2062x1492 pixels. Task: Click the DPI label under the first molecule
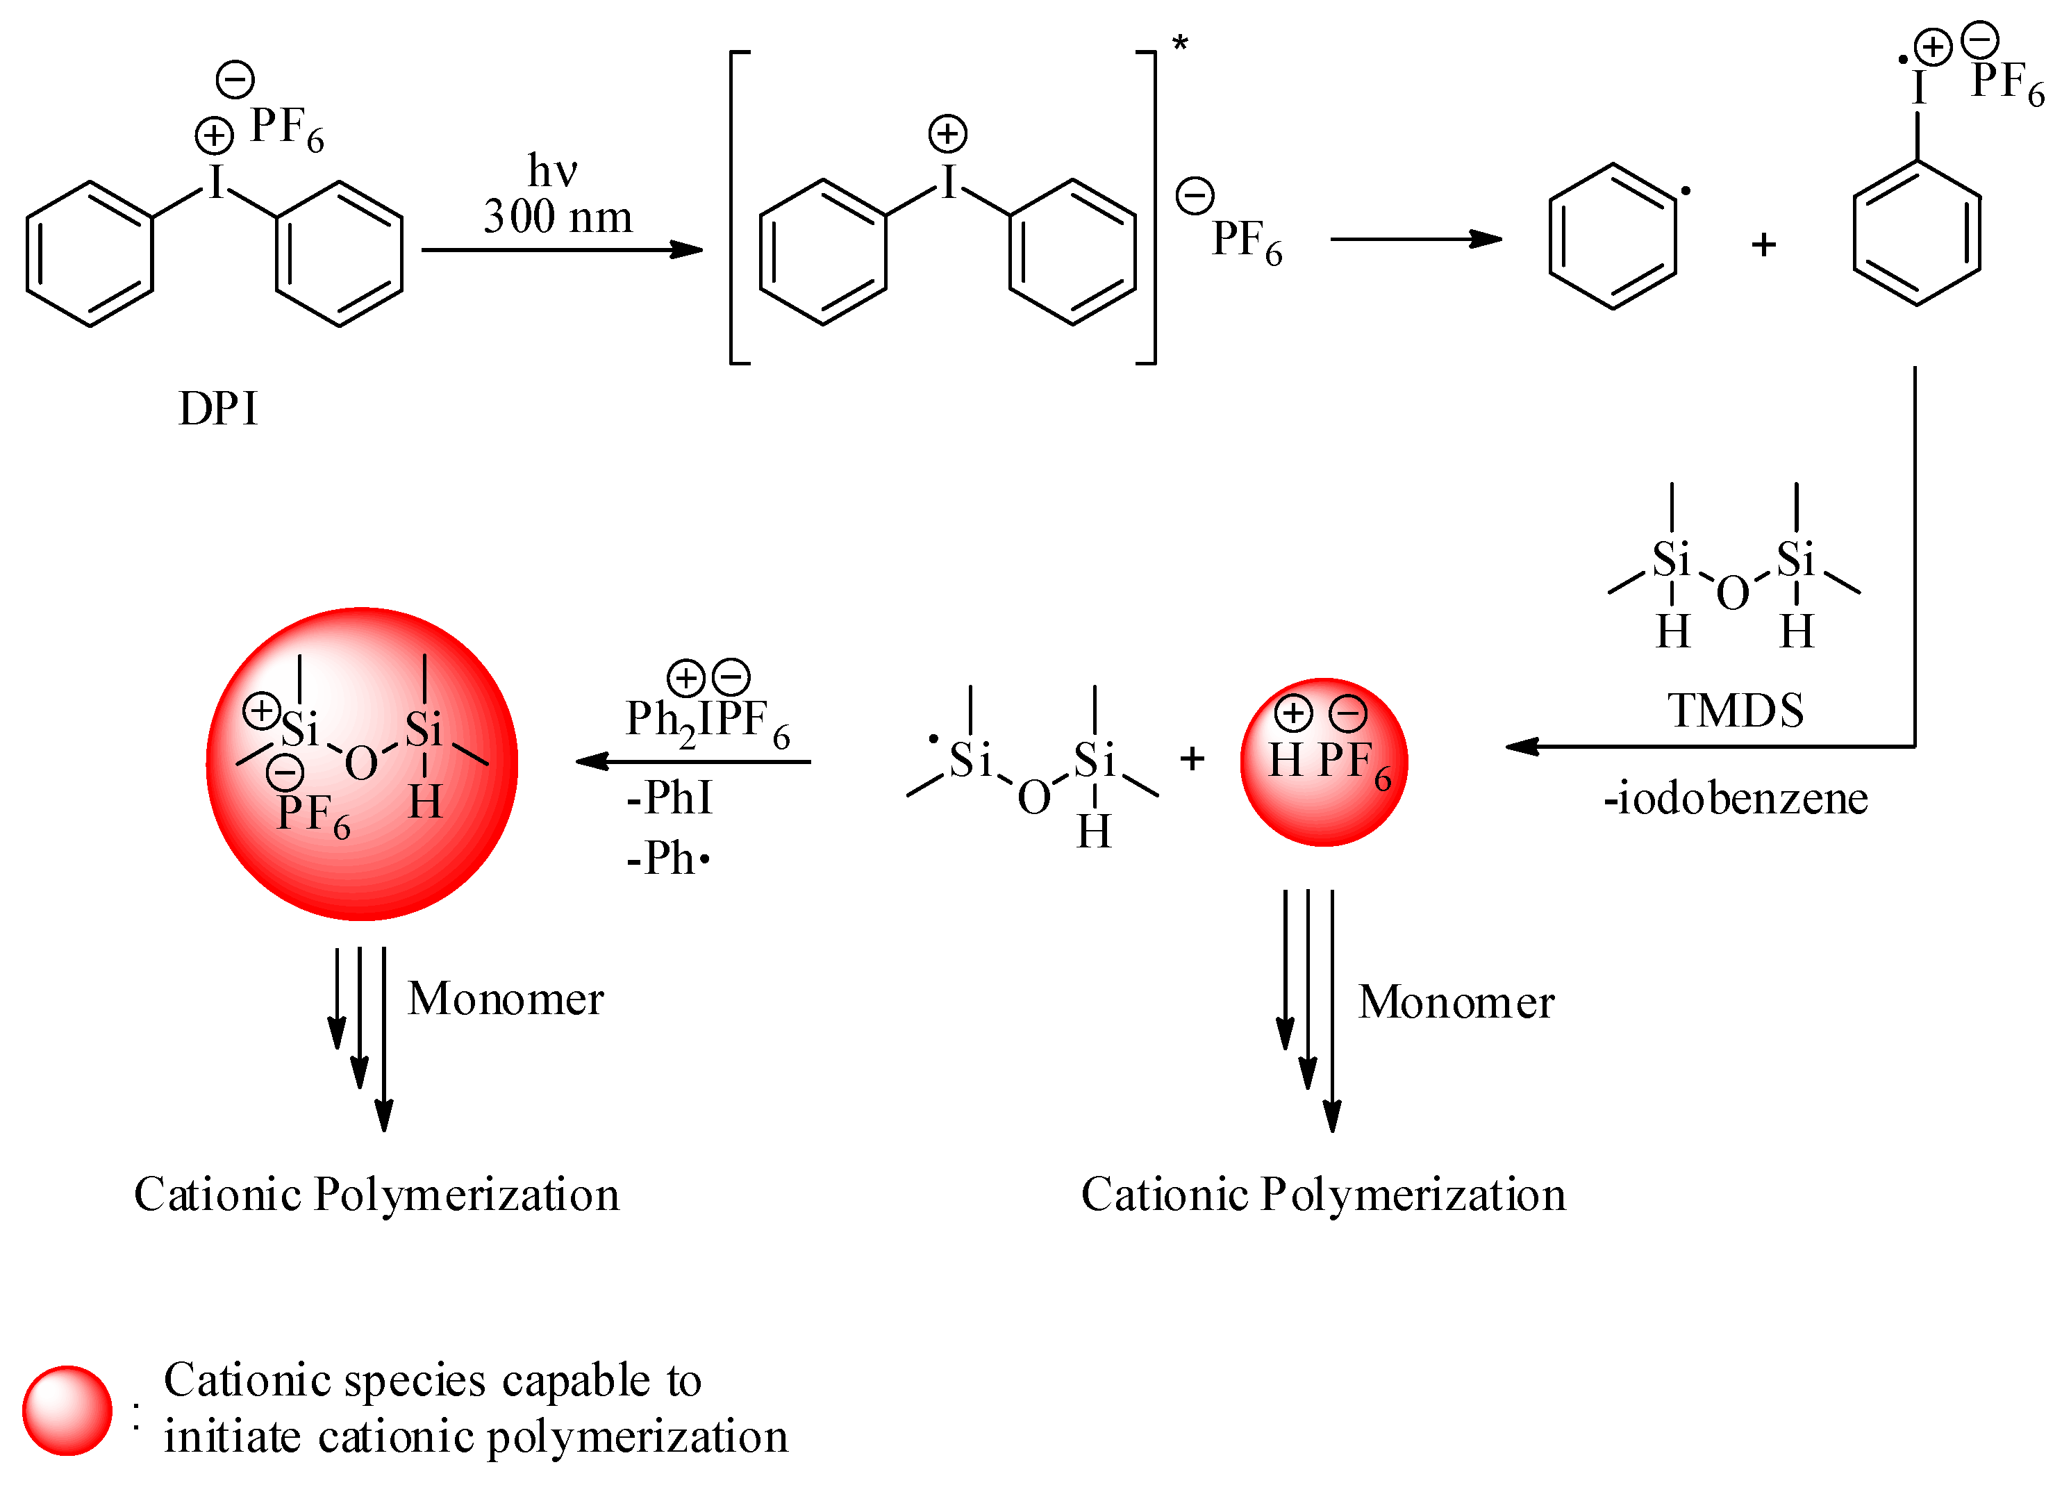point(218,409)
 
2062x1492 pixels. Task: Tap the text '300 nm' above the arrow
point(557,217)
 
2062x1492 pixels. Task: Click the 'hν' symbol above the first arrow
point(552,170)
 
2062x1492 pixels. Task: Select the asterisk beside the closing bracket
point(1180,44)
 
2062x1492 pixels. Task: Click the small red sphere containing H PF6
point(1324,762)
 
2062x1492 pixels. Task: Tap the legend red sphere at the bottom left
point(67,1410)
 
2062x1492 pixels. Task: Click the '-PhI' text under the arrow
point(669,798)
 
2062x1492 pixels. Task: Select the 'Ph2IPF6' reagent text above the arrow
point(707,721)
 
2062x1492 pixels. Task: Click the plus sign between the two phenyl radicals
point(1764,244)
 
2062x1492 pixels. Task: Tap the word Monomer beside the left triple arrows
point(506,1000)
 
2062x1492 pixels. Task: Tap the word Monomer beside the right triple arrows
point(1456,1003)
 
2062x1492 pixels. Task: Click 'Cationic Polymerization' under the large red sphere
point(376,1195)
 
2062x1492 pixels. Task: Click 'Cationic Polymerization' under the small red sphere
point(1323,1195)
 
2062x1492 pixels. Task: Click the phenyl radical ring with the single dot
point(1612,236)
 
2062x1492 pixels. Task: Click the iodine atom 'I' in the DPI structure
point(217,183)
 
